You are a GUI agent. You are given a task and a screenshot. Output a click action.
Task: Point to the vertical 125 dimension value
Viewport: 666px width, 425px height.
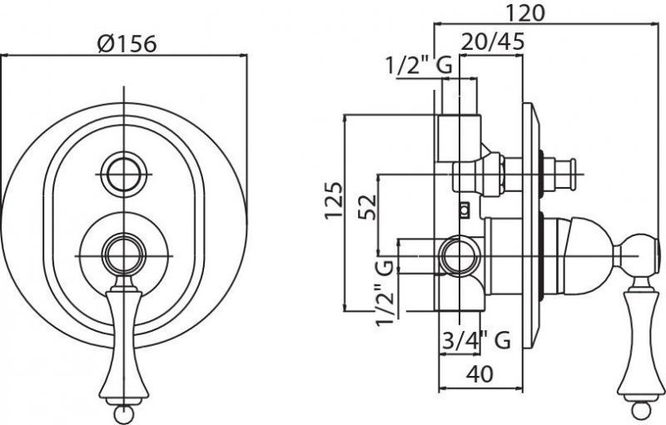[334, 200]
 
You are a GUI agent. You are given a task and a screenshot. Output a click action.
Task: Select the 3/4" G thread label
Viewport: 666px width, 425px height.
[475, 340]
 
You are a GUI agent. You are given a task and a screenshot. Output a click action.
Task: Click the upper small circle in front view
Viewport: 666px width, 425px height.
[124, 174]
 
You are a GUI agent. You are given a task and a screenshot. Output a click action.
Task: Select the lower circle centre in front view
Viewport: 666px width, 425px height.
[124, 252]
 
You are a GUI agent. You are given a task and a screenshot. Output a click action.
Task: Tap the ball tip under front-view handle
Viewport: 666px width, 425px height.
[124, 411]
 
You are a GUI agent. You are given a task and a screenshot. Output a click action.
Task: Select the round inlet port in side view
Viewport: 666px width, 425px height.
[457, 256]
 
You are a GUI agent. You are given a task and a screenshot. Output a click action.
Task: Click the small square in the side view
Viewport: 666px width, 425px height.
[465, 209]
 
